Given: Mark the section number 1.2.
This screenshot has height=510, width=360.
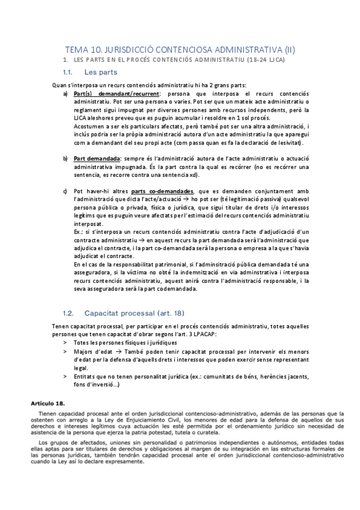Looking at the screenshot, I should click(69, 313).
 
